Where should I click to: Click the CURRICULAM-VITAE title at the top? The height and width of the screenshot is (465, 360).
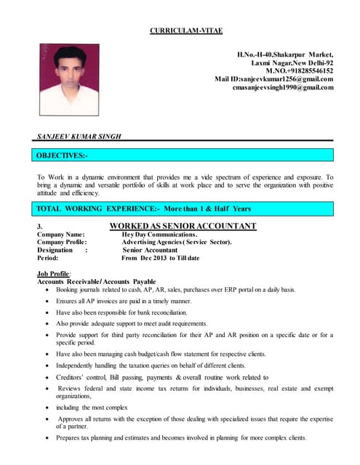(x=185, y=30)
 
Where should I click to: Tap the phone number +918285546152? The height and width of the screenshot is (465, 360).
(x=299, y=70)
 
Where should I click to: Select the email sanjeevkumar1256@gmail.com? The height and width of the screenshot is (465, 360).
(x=274, y=79)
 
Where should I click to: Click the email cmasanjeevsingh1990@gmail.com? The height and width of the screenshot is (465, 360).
(x=283, y=88)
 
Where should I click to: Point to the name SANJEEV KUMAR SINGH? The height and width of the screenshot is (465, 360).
(x=79, y=136)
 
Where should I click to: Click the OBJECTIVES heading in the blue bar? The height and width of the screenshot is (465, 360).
(x=63, y=155)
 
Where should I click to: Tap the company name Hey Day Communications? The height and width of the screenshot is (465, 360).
(x=159, y=235)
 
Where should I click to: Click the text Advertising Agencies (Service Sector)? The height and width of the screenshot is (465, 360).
(x=176, y=243)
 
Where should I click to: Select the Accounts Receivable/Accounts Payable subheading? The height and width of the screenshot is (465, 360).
(x=96, y=281)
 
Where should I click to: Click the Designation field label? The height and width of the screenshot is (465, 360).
(x=55, y=251)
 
